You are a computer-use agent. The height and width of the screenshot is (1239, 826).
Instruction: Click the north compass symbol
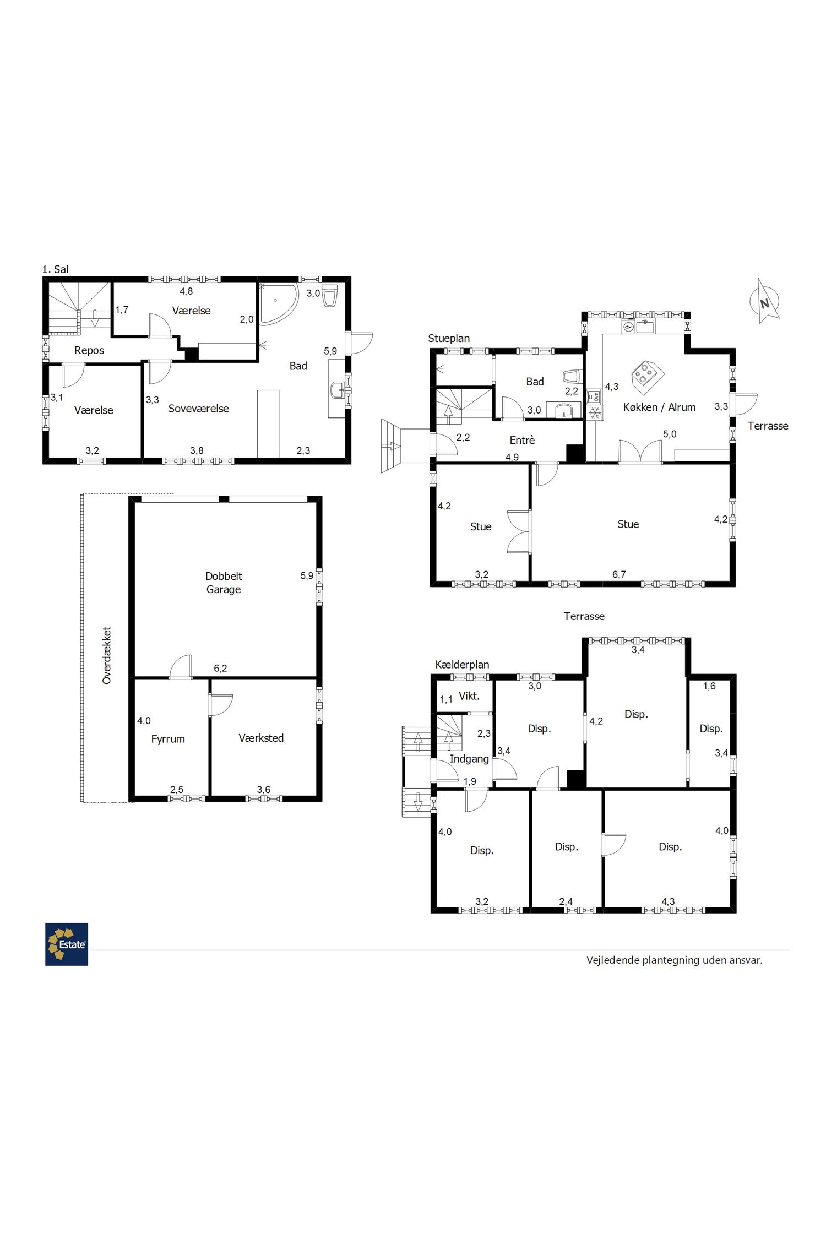click(764, 301)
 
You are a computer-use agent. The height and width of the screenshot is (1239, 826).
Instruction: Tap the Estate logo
click(67, 944)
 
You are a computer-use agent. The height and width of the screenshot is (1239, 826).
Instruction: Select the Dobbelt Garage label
click(224, 583)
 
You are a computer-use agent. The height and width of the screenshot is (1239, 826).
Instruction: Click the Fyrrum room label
click(168, 739)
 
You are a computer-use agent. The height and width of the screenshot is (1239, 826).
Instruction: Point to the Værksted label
click(261, 738)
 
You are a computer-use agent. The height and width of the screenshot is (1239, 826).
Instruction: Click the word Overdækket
click(107, 655)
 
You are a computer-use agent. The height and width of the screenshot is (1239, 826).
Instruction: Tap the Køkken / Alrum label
click(659, 407)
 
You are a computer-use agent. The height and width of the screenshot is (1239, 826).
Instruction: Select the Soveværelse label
click(198, 409)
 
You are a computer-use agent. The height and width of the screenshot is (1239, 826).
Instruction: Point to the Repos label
click(89, 350)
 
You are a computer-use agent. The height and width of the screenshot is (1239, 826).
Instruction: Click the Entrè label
click(522, 440)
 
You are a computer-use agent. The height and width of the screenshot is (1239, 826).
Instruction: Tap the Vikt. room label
click(469, 696)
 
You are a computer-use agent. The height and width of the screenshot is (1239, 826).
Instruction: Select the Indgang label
click(469, 759)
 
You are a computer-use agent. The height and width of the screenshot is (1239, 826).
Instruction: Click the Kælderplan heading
click(462, 665)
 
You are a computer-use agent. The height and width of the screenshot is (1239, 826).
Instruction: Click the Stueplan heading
click(449, 338)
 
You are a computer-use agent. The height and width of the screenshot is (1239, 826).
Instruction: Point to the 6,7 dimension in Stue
click(619, 575)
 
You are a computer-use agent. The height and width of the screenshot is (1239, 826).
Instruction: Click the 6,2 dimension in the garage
click(220, 669)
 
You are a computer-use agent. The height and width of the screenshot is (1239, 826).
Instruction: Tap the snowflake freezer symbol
click(595, 413)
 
